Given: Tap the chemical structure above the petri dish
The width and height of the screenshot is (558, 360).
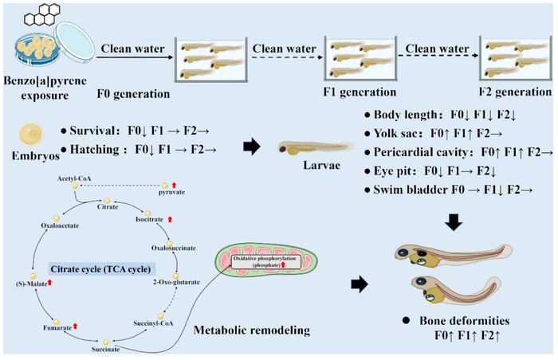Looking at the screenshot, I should pyautogui.click(x=32, y=15).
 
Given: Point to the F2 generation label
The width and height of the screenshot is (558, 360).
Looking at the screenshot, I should pyautogui.click(x=516, y=93).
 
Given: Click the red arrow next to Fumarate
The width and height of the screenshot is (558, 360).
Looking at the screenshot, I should pyautogui.click(x=76, y=325).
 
